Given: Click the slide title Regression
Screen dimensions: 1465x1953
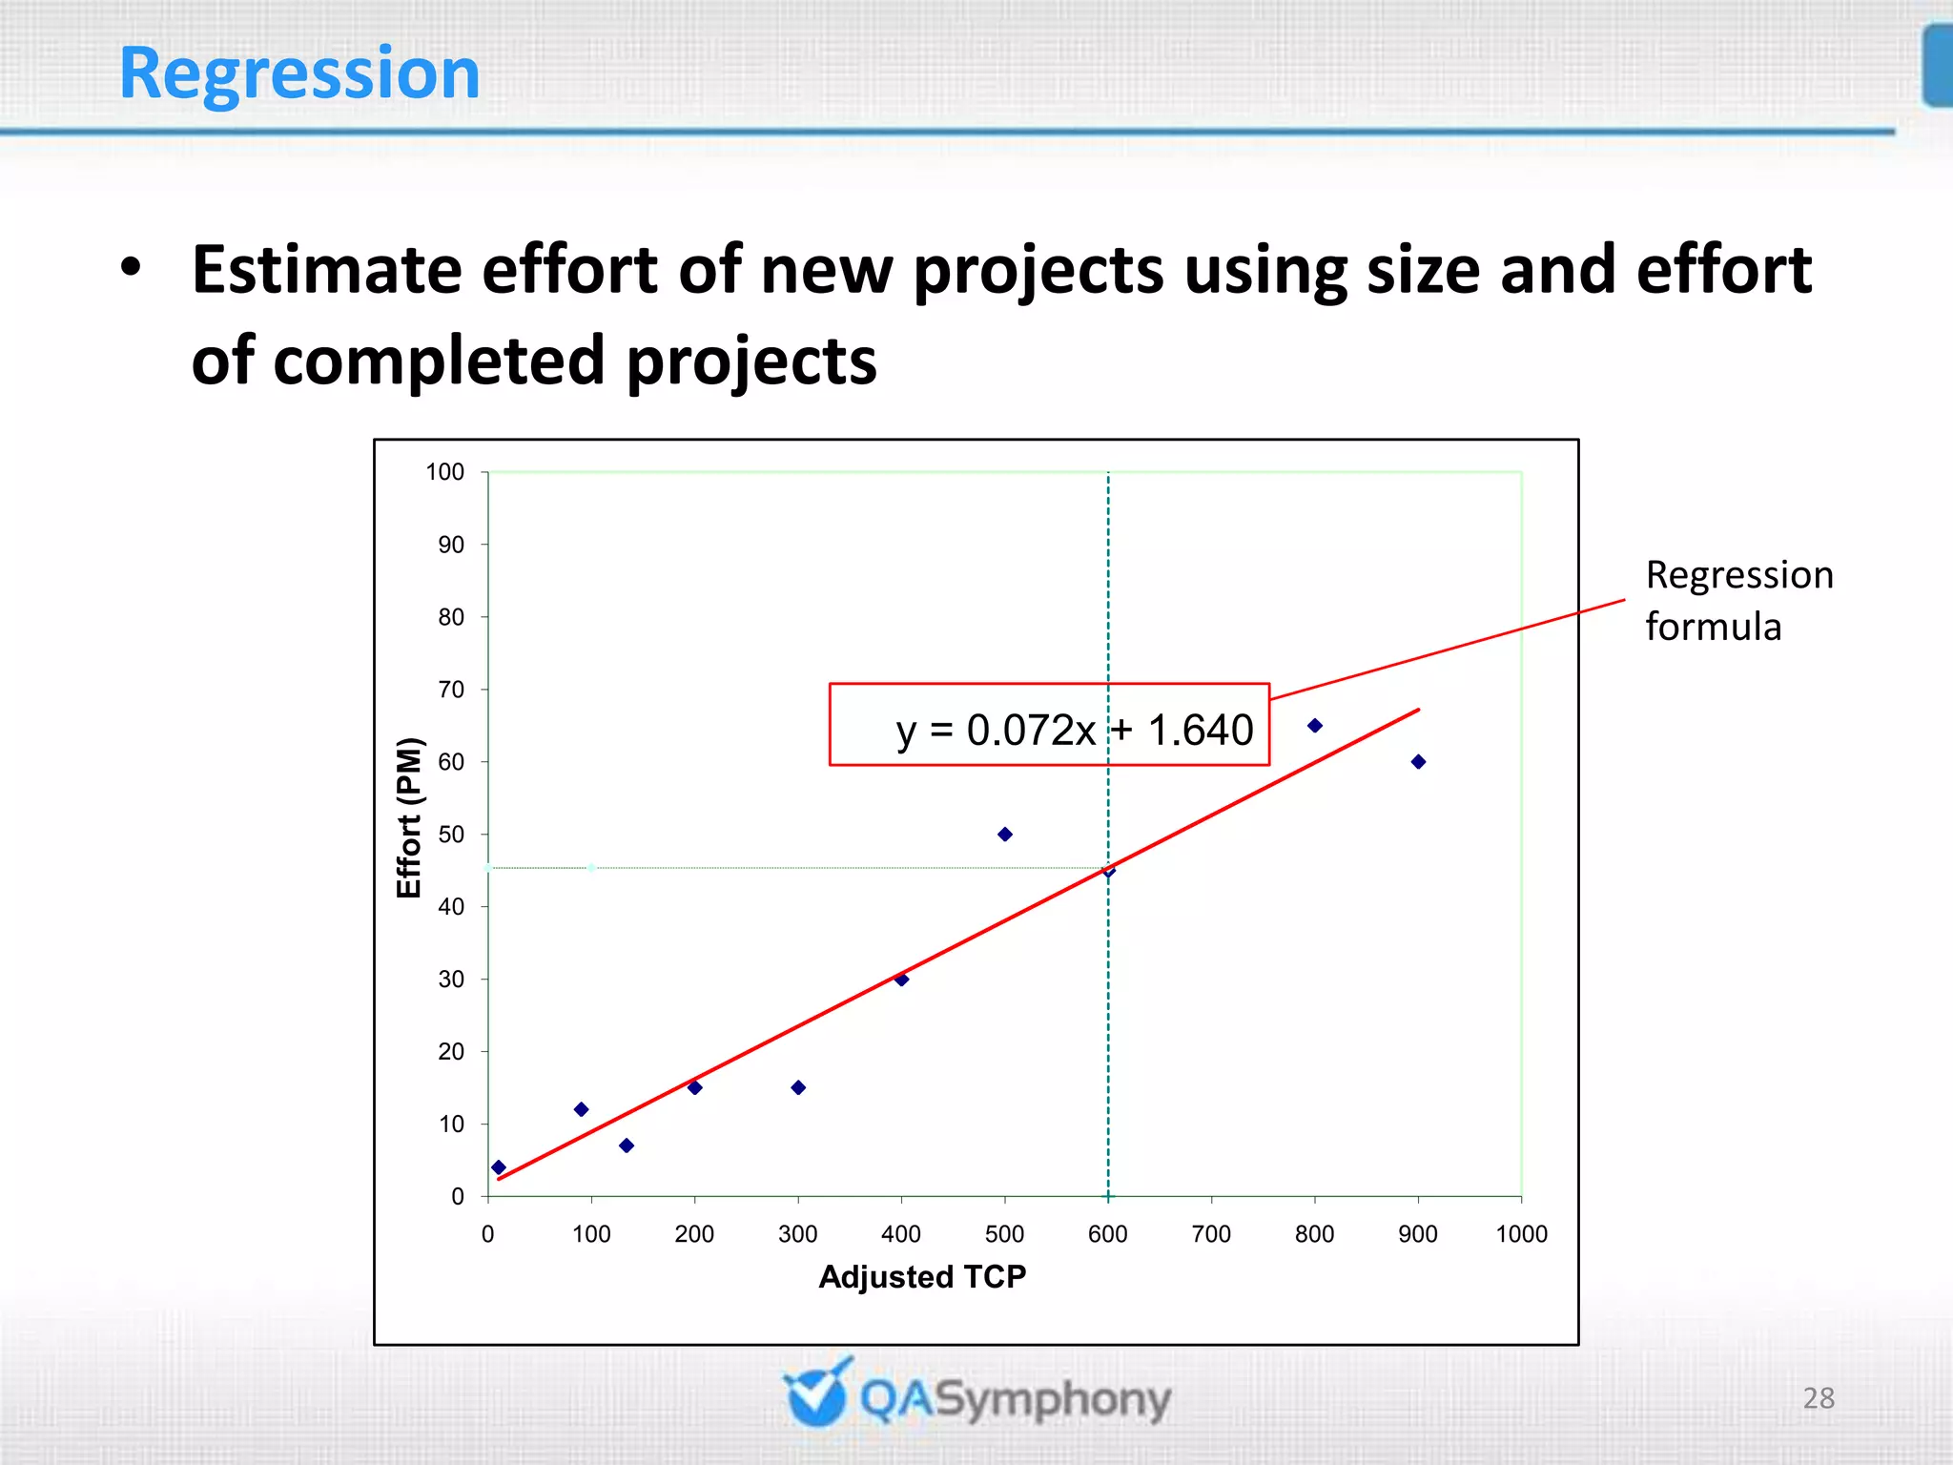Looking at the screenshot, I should [299, 74].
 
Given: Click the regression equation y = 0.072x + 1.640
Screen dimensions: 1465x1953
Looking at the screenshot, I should [1074, 731].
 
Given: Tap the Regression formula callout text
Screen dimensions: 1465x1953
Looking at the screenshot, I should [1737, 601].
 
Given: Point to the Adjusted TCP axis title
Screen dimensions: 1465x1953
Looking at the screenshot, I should [922, 1276].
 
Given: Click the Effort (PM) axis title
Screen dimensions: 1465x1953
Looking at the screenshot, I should [408, 817].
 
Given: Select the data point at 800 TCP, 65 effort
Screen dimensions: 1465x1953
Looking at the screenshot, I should [1314, 726].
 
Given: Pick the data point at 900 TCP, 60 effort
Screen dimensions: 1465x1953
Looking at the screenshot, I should [1418, 761].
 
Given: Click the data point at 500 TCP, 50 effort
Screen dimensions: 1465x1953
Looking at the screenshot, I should [1004, 834].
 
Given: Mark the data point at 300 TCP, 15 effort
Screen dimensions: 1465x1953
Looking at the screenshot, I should [798, 1087].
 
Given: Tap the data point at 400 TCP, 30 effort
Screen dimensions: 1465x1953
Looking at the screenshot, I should [901, 979].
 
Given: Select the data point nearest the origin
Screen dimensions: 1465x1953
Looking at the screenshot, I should [499, 1167].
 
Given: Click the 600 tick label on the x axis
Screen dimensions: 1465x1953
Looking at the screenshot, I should [1107, 1234].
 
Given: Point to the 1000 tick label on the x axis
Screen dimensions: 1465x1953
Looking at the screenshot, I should [1520, 1234].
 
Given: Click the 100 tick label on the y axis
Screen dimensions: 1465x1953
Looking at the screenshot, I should [444, 472].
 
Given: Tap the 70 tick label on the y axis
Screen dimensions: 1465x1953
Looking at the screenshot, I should [450, 690].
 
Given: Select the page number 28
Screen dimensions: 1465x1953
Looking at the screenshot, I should [1818, 1398].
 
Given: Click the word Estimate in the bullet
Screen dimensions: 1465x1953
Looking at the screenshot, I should [327, 270].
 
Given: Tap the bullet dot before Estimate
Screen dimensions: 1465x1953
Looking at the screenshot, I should [131, 268].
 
